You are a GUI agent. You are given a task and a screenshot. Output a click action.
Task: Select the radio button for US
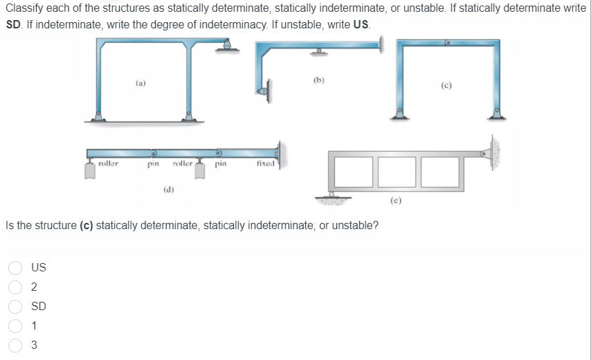pos(14,267)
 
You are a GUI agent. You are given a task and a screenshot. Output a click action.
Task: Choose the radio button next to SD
pos(14,306)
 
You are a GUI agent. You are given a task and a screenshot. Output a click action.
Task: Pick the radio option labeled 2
pos(14,287)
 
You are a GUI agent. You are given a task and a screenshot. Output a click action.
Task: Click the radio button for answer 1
pos(14,325)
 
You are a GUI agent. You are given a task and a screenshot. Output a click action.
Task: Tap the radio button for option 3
pos(14,345)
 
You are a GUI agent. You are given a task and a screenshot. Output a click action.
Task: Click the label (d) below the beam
pos(168,188)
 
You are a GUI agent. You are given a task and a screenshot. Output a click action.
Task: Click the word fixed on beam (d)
pos(265,164)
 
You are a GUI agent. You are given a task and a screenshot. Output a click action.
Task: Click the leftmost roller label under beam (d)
pos(108,164)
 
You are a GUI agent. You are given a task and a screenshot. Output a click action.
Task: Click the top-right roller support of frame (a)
pos(226,46)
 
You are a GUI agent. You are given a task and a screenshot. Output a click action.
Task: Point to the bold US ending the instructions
pos(362,23)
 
